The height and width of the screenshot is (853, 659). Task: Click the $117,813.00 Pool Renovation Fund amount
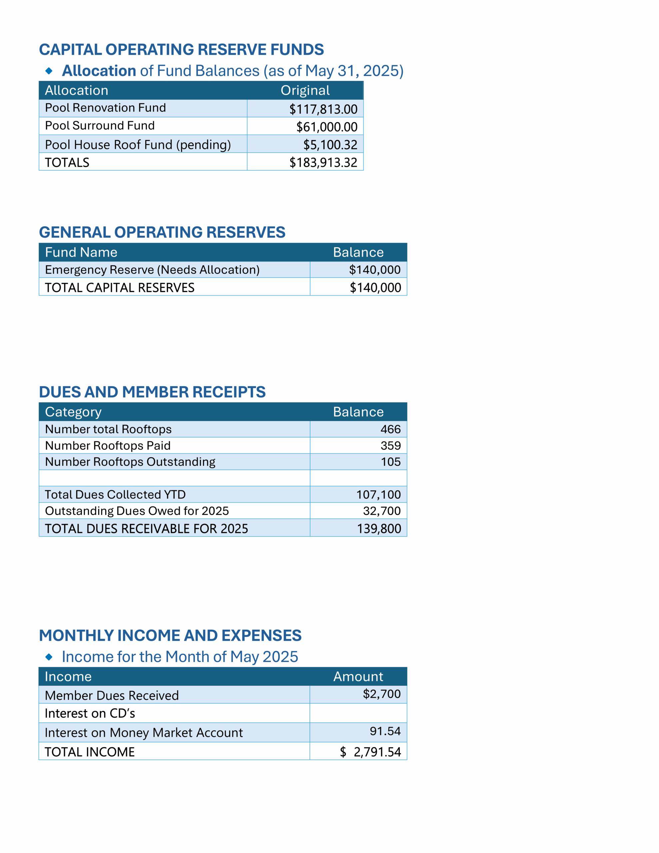pos(323,109)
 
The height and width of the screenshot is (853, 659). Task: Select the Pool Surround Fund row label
pos(100,125)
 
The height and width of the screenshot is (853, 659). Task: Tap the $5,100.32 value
pos(330,145)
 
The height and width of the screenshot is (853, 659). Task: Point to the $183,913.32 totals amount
pos(323,163)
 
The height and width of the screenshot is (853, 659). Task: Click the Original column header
pos(305,91)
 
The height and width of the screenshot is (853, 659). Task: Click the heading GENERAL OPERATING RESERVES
pos(162,232)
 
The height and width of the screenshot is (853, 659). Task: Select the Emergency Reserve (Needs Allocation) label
pos(152,270)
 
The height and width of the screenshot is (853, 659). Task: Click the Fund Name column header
pos(81,252)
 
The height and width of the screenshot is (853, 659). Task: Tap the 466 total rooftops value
pos(390,429)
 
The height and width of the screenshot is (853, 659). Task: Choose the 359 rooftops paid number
pos(390,445)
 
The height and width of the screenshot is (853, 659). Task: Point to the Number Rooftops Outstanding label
pos(130,462)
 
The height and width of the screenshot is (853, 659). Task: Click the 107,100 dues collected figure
pos(378,495)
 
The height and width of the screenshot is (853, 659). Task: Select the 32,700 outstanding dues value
pos(382,511)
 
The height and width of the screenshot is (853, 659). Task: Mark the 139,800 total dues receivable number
pos(379,529)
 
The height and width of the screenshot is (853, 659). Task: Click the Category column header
pos(73,412)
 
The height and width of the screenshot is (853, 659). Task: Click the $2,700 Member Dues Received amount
pos(382,694)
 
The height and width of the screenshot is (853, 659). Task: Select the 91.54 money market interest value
pos(385,731)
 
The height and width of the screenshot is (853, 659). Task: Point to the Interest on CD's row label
pos(90,714)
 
